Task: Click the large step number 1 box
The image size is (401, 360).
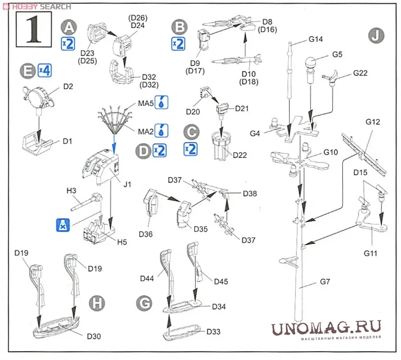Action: point(34,29)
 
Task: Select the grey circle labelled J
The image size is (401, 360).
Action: point(376,36)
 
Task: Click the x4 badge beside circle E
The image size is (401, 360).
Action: point(45,71)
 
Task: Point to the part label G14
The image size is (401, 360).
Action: point(315,39)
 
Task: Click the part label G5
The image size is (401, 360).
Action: point(337,54)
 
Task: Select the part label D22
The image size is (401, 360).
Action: point(240,155)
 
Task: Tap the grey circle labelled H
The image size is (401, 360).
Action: point(97,303)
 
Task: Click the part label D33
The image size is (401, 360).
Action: point(214,331)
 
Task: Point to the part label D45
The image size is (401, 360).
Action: point(221,281)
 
